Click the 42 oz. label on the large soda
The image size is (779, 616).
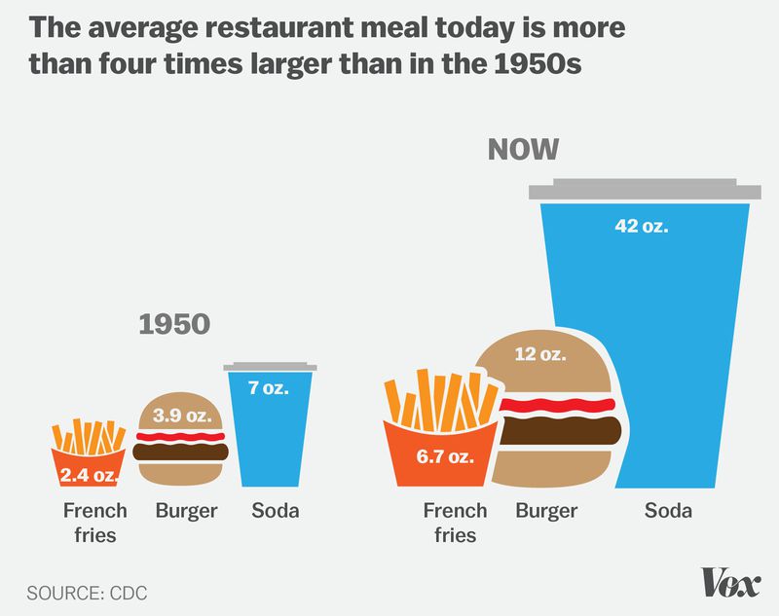pyautogui.click(x=642, y=226)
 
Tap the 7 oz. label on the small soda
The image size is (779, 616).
pyautogui.click(x=268, y=387)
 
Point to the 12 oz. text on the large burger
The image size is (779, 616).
pyautogui.click(x=539, y=354)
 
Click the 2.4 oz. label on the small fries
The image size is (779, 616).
pyautogui.click(x=89, y=476)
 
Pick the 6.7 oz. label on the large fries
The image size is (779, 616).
pyautogui.click(x=445, y=455)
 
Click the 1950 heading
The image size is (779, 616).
pyautogui.click(x=174, y=324)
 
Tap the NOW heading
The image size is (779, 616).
pyautogui.click(x=523, y=149)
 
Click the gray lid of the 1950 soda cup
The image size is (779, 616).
pyautogui.click(x=269, y=367)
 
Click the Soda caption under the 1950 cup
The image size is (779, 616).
pyautogui.click(x=275, y=511)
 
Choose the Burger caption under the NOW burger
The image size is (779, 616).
pyautogui.click(x=546, y=511)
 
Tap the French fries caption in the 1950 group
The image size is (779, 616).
pyautogui.click(x=95, y=523)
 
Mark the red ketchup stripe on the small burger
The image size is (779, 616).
pyautogui.click(x=182, y=436)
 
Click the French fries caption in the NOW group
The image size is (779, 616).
pyautogui.click(x=455, y=523)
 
